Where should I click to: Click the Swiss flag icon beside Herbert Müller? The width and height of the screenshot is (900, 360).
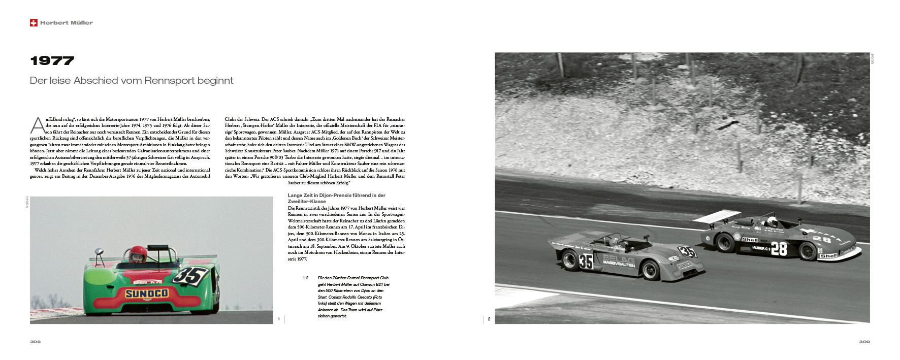coord(34,23)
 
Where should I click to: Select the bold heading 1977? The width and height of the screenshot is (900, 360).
coord(52,61)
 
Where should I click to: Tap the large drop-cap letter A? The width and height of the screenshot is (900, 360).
coord(38,125)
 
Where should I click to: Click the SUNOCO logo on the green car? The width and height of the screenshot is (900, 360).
coord(147,293)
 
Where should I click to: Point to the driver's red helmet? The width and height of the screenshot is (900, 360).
coord(138,254)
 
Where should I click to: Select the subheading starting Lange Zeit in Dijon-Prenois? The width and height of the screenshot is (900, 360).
coord(336,198)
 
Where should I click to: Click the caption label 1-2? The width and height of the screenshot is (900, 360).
coord(306,278)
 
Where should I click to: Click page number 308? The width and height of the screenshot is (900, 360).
coord(35,342)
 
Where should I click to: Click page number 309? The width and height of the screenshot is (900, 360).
coord(864,342)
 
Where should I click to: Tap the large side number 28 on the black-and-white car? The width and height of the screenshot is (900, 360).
coord(779,248)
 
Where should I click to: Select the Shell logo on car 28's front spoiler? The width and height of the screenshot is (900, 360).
coord(828,255)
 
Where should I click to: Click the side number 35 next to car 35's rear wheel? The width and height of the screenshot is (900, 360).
coord(586,261)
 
